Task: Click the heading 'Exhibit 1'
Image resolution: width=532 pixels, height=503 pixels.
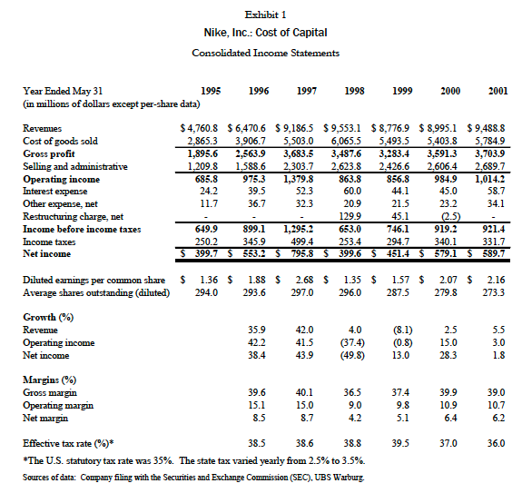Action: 266,15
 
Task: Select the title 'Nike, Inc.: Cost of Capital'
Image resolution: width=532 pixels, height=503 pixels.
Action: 266,33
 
